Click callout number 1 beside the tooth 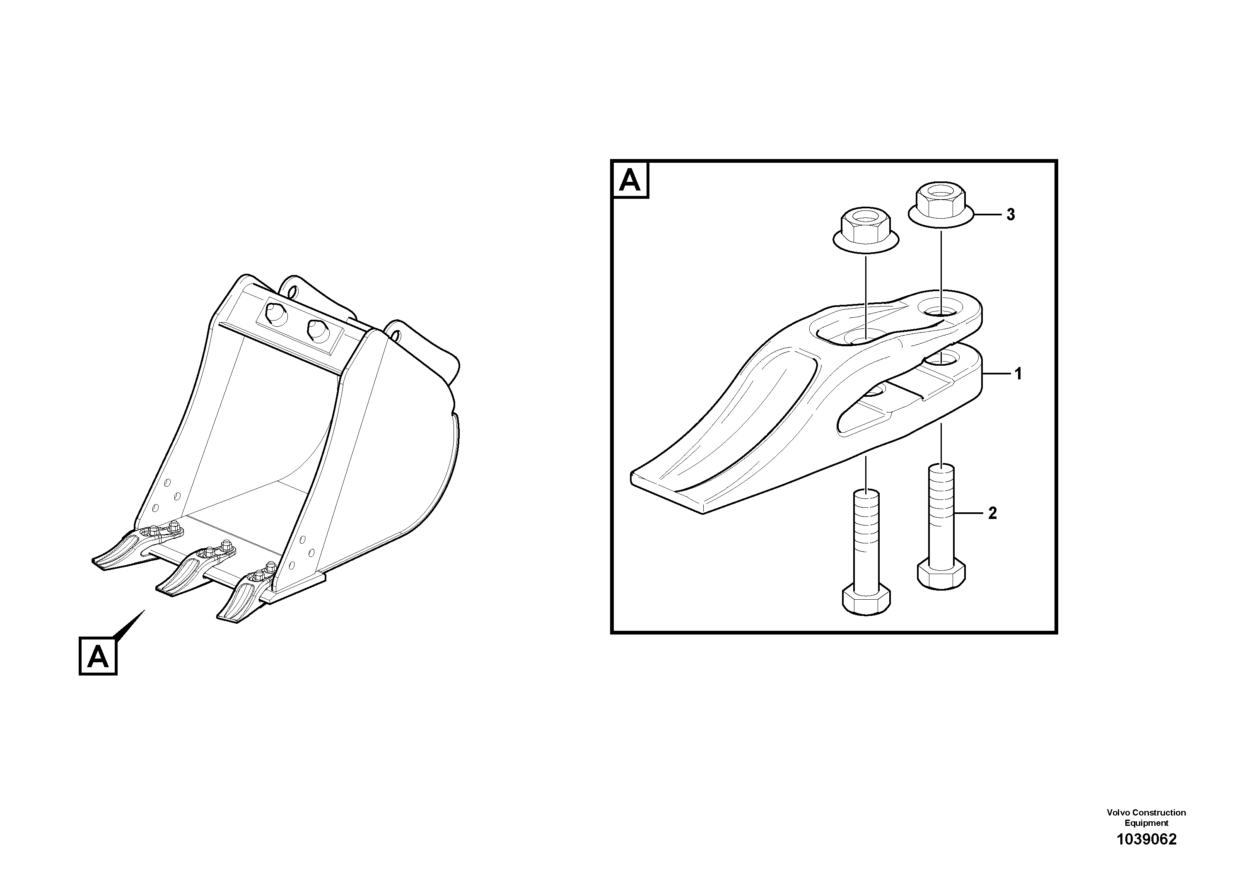point(1018,374)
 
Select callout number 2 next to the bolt point(992,513)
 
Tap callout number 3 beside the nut point(1011,215)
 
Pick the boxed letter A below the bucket point(98,656)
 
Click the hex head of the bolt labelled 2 point(941,574)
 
